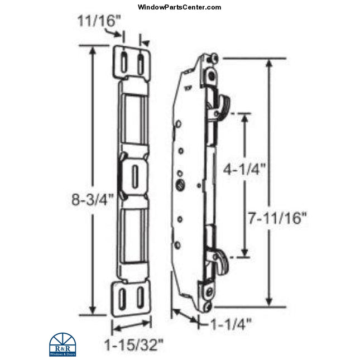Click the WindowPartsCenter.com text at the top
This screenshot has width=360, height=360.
click(x=179, y=7)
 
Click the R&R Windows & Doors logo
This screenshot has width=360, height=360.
click(x=62, y=344)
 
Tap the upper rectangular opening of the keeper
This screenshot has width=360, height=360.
click(x=135, y=128)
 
